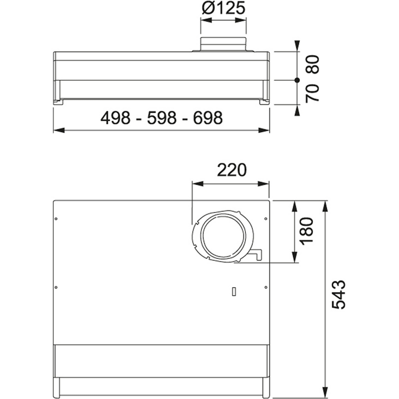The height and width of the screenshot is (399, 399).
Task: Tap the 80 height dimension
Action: pos(312,64)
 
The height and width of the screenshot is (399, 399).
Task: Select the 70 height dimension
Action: pos(312,93)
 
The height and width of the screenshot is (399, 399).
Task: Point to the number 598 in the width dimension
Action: pos(161,118)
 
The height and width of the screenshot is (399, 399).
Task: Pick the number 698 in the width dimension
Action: pos(205,118)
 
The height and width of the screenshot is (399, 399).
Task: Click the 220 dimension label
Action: pos(231,171)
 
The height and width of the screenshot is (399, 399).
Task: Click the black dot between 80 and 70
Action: pos(296,80)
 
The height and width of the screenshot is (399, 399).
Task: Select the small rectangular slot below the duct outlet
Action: pos(233,292)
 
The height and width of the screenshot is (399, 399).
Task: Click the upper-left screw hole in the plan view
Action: pos(56,218)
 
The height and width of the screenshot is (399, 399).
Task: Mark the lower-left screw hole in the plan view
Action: pos(56,287)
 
